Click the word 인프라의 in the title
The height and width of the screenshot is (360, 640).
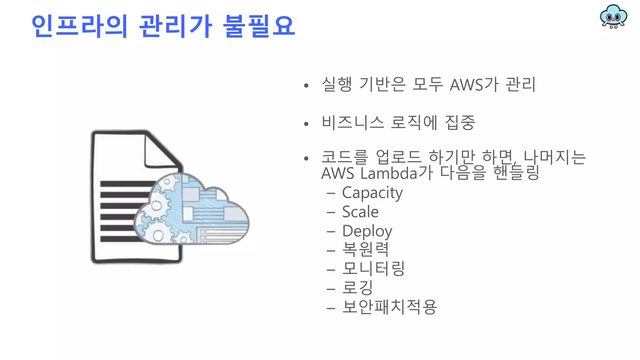pos(80,26)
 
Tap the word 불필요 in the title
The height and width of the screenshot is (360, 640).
pos(259,26)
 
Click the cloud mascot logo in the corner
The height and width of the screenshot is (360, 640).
pos(613,17)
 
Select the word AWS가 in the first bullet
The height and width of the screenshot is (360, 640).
pos(474,85)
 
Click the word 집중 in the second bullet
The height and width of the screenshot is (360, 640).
pos(460,122)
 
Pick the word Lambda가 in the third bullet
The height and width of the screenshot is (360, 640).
pos(397,173)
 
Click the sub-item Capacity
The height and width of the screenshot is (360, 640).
pos(372,193)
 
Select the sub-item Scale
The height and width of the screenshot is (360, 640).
pos(360,212)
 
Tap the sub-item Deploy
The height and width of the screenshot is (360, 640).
pos(367,231)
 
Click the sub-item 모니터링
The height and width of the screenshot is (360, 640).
pos(373,269)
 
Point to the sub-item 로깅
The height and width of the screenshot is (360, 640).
pos(357,287)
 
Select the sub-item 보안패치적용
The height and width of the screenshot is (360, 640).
pos(389,307)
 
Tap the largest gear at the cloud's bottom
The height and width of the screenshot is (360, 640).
pos(158,234)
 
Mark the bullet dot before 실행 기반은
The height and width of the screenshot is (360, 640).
pos(306,85)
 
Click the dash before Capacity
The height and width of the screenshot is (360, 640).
pos(331,193)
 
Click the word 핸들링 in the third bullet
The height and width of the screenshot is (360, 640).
pos(516,173)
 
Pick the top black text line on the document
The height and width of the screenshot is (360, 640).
pos(127,184)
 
